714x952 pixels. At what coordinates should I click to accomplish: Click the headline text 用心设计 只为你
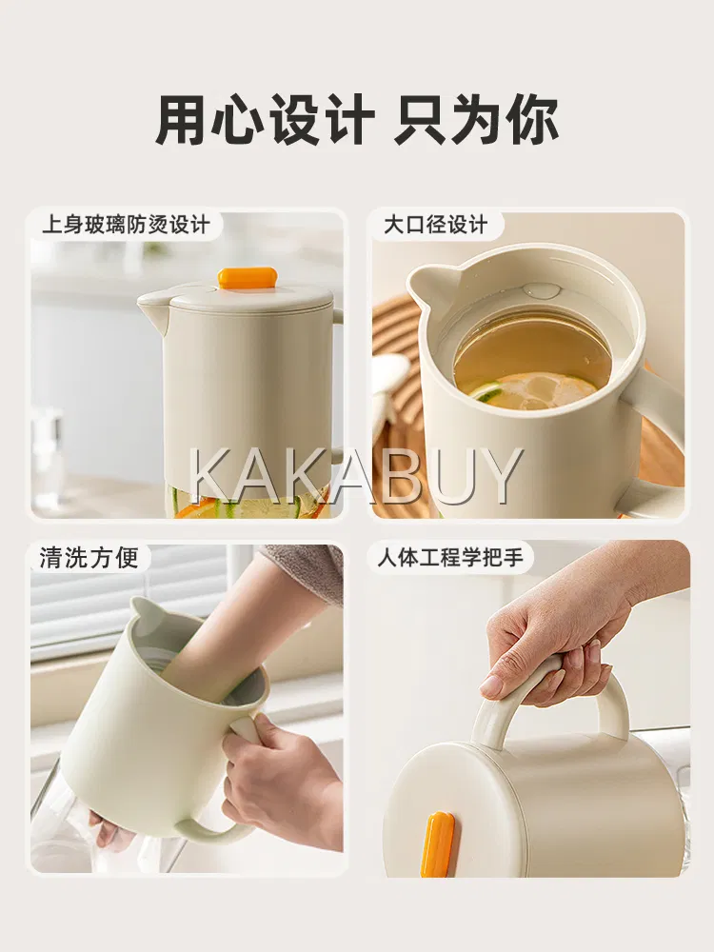[x=357, y=118]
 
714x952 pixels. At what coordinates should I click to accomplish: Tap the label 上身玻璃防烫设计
[x=127, y=226]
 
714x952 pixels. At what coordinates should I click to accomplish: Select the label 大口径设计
[x=435, y=225]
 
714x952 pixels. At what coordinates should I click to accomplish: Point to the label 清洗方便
[x=89, y=557]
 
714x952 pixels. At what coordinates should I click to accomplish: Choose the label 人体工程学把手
[x=450, y=557]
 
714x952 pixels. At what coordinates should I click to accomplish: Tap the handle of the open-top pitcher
[x=649, y=425]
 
